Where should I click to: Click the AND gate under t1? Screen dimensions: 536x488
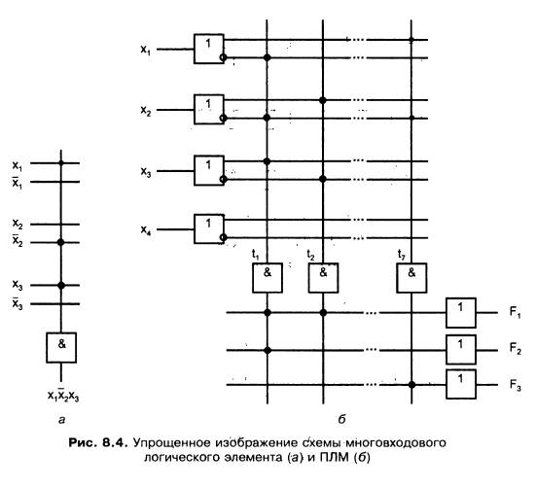point(268,278)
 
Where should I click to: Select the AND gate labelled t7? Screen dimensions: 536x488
point(411,278)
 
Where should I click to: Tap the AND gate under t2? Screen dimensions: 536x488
point(323,278)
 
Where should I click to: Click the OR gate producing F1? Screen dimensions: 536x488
point(461,313)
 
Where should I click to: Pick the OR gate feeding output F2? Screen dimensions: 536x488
point(461,350)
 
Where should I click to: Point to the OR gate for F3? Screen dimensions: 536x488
point(461,384)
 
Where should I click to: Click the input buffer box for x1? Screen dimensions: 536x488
point(209,49)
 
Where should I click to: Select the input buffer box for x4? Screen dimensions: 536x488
point(209,228)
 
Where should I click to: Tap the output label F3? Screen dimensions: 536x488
point(516,385)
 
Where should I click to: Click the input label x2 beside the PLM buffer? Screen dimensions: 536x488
point(146,111)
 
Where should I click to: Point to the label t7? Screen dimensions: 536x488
point(402,255)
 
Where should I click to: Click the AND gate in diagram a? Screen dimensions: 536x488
point(61,347)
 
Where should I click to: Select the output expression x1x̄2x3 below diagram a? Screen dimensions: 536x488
point(63,395)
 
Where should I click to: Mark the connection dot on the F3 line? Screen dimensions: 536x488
point(411,385)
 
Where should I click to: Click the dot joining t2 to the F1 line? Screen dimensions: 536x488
point(323,312)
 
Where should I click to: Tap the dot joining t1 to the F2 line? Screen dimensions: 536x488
point(268,350)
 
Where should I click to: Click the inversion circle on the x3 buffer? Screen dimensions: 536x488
point(223,179)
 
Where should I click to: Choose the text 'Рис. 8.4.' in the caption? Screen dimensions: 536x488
point(98,443)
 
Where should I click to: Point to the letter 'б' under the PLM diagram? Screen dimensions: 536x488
point(342,419)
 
